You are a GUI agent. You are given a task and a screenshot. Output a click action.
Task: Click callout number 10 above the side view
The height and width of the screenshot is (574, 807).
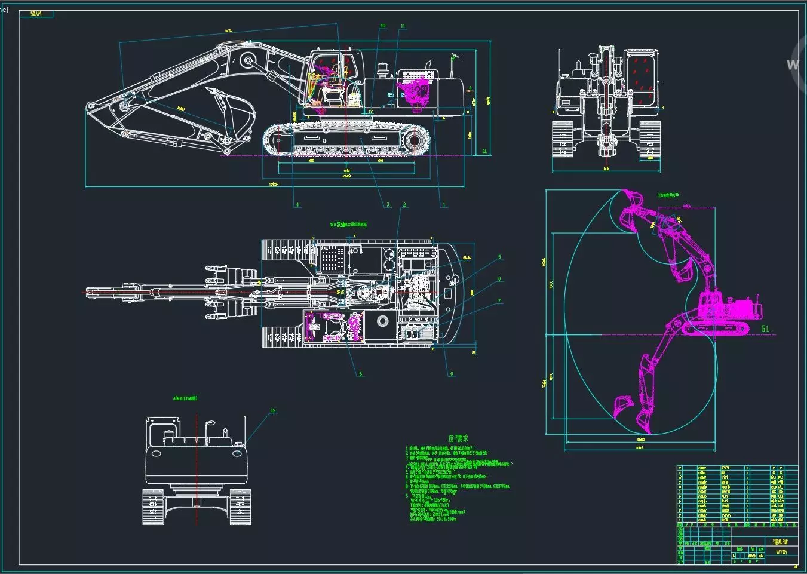click(x=383, y=26)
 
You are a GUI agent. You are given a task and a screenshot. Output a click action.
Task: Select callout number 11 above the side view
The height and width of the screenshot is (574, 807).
click(x=403, y=27)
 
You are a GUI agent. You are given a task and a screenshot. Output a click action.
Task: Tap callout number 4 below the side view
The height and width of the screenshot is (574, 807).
click(x=297, y=205)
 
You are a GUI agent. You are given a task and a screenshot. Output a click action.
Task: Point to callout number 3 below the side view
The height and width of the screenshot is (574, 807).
click(x=388, y=205)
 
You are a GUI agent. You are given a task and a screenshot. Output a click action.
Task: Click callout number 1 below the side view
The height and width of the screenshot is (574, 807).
click(x=444, y=205)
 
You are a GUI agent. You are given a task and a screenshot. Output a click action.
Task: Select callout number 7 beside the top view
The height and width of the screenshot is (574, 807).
click(x=500, y=301)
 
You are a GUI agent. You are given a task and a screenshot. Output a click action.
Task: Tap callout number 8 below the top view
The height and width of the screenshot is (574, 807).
click(x=360, y=375)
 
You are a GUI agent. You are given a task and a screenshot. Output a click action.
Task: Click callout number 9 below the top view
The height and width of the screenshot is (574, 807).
click(x=452, y=375)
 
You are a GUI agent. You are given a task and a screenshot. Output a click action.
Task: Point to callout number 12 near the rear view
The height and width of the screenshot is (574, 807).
click(x=274, y=410)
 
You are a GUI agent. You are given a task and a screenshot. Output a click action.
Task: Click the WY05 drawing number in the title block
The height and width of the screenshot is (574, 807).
click(x=781, y=552)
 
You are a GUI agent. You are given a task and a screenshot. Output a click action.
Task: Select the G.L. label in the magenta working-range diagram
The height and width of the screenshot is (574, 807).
click(x=767, y=329)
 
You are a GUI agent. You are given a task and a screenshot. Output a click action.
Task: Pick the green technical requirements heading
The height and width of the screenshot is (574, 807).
click(x=453, y=438)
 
